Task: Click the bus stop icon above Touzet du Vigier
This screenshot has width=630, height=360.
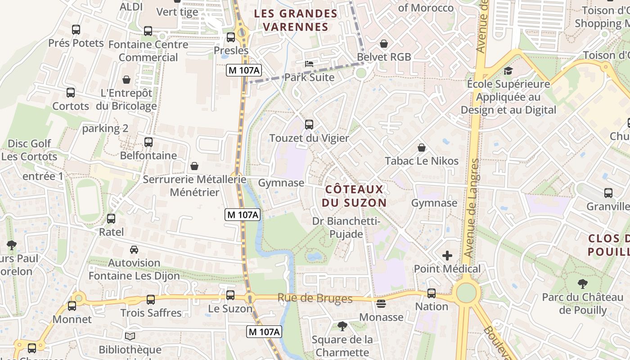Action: click(x=309, y=125)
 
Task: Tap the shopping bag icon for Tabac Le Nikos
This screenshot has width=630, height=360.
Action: click(x=422, y=148)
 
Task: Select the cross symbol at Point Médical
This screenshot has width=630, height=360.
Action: click(x=447, y=256)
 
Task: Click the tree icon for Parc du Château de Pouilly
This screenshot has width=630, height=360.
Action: click(x=583, y=284)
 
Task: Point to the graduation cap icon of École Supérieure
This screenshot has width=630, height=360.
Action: click(x=508, y=71)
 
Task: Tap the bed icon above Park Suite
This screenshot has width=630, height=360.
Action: click(x=309, y=63)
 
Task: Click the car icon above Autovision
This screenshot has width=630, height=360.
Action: click(x=134, y=249)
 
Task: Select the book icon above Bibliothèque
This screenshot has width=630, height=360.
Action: click(x=130, y=336)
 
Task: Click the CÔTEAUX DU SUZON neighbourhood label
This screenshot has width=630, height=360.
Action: click(x=354, y=196)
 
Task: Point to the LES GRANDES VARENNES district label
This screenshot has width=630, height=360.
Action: click(x=296, y=20)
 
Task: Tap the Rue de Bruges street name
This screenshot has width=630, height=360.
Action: click(x=315, y=298)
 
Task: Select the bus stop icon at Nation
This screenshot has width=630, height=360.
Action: click(x=432, y=293)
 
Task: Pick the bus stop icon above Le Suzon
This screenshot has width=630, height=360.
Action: click(x=230, y=295)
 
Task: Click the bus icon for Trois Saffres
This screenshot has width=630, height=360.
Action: click(x=151, y=300)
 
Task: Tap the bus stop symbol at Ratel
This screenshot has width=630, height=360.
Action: click(x=111, y=219)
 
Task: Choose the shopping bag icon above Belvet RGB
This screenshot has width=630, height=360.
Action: click(x=384, y=44)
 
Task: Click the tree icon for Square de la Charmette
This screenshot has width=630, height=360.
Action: click(x=342, y=326)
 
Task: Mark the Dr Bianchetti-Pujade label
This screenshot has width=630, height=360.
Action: click(x=346, y=228)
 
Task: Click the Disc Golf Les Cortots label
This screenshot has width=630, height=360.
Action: click(x=29, y=150)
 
